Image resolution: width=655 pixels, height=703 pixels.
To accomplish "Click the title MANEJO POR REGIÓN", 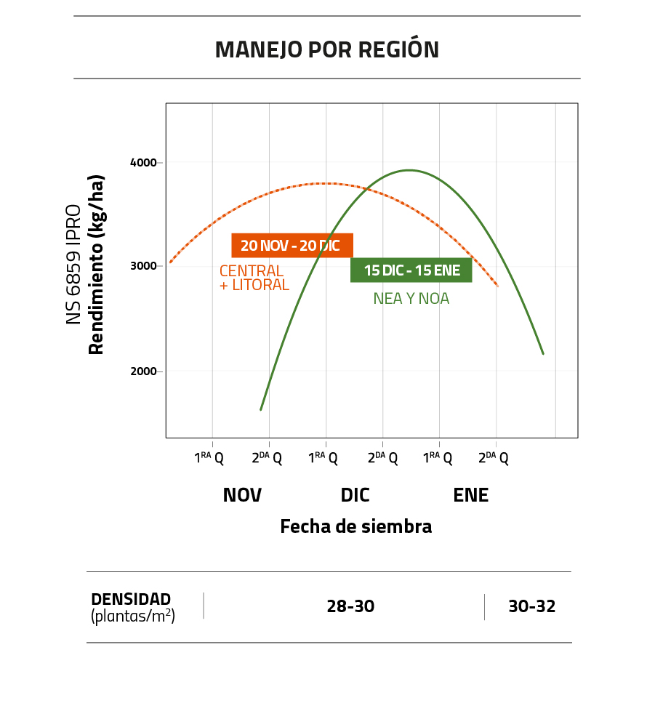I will [x=327, y=49].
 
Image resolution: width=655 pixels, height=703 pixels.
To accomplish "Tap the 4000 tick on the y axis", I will [x=143, y=162].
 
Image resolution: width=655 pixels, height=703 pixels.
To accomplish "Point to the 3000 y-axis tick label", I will [x=143, y=266].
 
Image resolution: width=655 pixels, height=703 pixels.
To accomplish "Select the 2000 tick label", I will [x=143, y=371].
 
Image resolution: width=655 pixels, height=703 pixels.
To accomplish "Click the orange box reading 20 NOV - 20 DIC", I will [x=292, y=246].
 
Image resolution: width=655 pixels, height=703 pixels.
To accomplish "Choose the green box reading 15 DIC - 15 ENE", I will [x=411, y=270].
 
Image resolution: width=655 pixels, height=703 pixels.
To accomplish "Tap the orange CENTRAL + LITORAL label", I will [x=254, y=278].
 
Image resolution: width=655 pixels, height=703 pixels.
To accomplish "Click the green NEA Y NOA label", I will [x=411, y=298].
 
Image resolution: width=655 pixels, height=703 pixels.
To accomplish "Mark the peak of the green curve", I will [x=409, y=170].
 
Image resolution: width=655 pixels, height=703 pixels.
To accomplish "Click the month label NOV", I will [x=242, y=495].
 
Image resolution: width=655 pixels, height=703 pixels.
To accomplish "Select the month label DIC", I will [x=355, y=495].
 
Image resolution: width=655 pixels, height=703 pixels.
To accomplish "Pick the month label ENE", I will [x=470, y=495].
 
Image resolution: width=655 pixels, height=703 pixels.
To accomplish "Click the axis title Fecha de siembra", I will [x=355, y=526].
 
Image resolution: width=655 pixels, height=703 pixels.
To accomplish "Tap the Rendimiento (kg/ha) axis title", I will [x=96, y=265].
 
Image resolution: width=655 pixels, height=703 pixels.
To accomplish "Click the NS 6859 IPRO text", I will [x=74, y=265].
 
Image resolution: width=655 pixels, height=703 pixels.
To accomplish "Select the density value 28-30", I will [x=350, y=606].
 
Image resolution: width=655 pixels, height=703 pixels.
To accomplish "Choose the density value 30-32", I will [x=531, y=606].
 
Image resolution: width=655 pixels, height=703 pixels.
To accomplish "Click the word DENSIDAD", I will [x=131, y=599].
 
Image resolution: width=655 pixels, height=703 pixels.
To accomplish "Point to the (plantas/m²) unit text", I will [x=133, y=616].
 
